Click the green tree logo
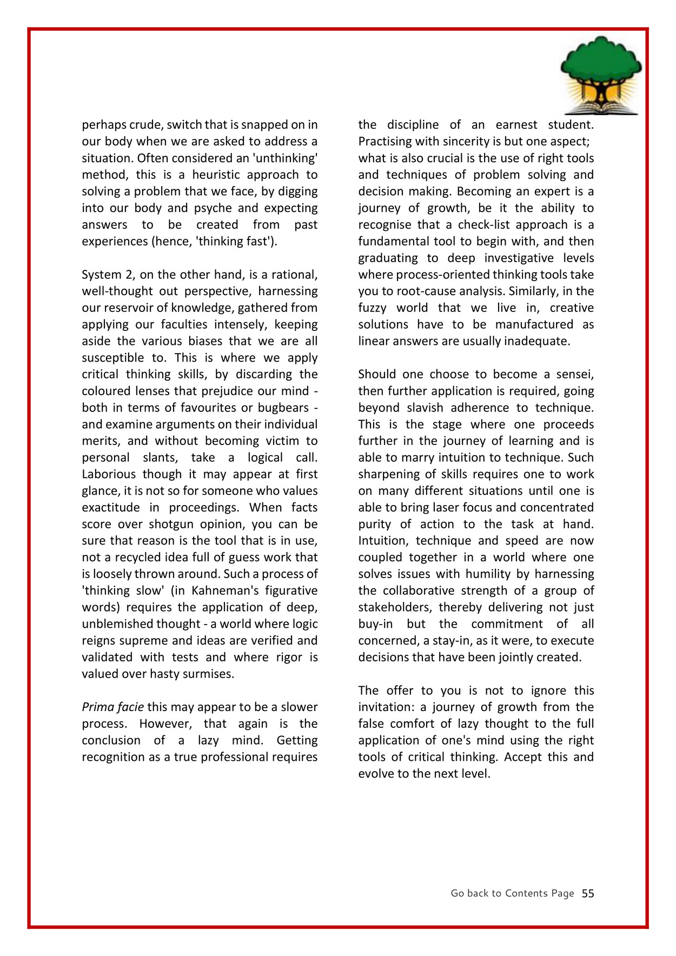click(x=601, y=75)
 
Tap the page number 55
click(x=588, y=894)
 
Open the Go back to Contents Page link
click(x=512, y=894)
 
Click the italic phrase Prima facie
click(x=112, y=707)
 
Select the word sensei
click(x=575, y=375)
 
